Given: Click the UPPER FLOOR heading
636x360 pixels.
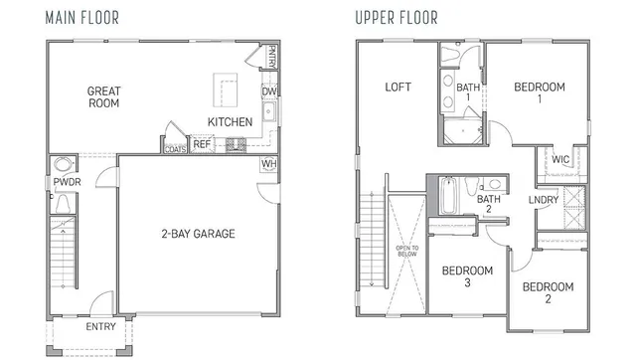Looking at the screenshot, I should pos(396,16).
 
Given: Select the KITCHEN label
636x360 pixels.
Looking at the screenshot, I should pos(230,122).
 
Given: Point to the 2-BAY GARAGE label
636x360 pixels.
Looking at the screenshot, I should pos(198,235).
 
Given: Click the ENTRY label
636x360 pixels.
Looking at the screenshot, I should pos(100,326).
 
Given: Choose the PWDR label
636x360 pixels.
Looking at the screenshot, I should pos(67,182).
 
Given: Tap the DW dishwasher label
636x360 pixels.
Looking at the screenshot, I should pos(268,92).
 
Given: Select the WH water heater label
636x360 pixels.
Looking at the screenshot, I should pos(268,164).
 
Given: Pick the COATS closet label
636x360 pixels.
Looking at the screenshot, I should pos(176,150).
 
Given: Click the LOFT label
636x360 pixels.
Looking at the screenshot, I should pos(398,88).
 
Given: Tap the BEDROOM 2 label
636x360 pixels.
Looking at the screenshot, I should pos(548,293).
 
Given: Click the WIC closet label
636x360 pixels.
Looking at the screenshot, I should pos(560,159).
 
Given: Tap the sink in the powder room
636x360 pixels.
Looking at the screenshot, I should pos(64,165).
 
